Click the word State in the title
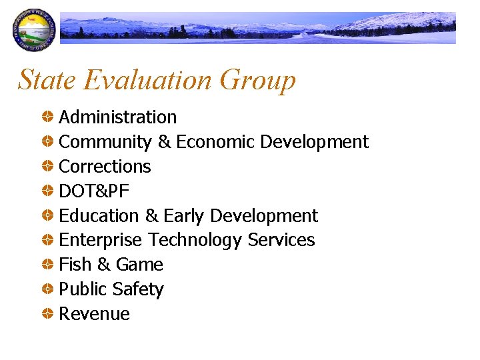coord(47,80)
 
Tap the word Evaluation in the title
coord(147,80)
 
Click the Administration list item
coord(118,117)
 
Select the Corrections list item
coord(105,167)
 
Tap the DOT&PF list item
coord(94,191)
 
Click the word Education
coord(99,216)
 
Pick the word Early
coord(184,216)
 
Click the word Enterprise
coord(101,240)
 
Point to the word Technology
coord(195,240)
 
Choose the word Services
coord(281,240)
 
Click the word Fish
coord(75,265)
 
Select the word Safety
coord(138,290)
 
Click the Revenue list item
coord(95,314)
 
